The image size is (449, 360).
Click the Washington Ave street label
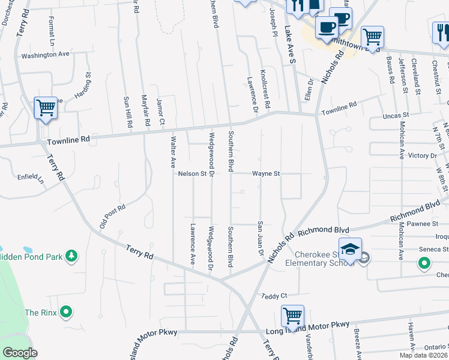pyautogui.click(x=46, y=54)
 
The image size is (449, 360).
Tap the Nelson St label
pyautogui.click(x=192, y=174)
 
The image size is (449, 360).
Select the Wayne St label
pyautogui.click(x=266, y=174)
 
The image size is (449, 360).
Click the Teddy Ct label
pyautogui.click(x=275, y=296)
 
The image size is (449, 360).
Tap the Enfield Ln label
pyautogui.click(x=31, y=178)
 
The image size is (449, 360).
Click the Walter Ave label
pyautogui.click(x=173, y=153)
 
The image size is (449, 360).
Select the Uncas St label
pyautogui.click(x=396, y=114)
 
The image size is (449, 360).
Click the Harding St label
pyautogui.click(x=83, y=85)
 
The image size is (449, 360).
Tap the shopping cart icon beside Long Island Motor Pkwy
pyautogui.click(x=292, y=316)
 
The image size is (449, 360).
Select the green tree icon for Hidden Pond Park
pyautogui.click(x=71, y=256)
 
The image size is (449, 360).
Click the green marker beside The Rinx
pyautogui.click(x=67, y=312)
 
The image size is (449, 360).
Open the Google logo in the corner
pyautogui.click(x=20, y=353)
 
